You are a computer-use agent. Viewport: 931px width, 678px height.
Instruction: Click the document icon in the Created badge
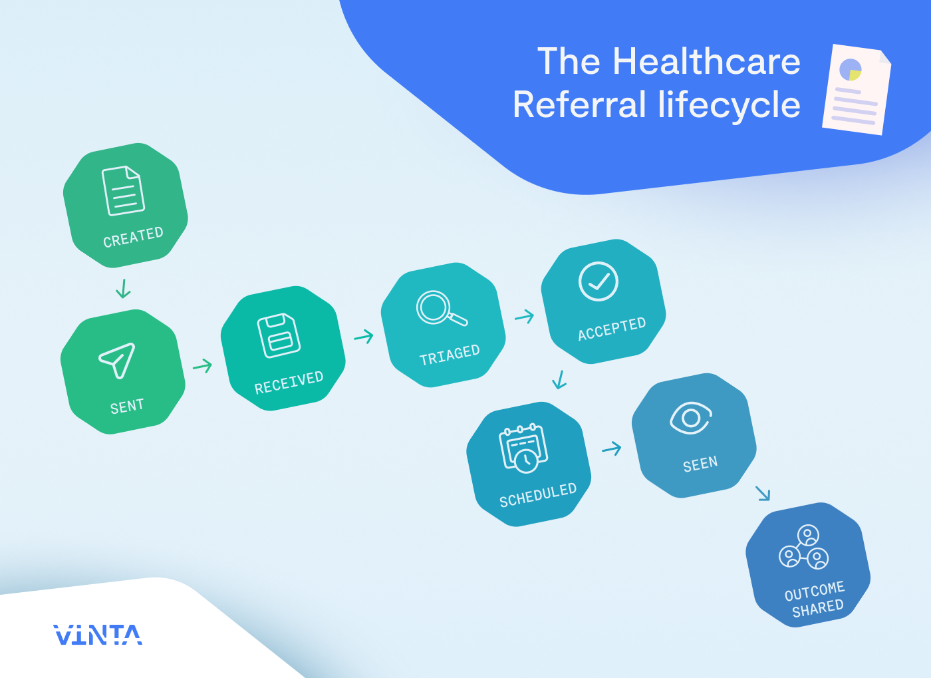pos(123,191)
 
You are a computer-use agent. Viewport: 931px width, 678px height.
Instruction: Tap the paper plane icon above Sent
pos(118,360)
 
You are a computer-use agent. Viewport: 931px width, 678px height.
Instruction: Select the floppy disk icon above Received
pos(279,335)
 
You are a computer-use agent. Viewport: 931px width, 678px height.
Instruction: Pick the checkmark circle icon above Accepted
pos(598,281)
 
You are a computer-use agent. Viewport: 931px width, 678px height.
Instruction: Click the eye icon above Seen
pos(691,418)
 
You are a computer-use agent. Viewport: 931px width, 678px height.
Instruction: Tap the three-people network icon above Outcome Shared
pos(804,547)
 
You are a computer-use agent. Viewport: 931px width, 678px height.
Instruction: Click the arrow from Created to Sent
pos(123,289)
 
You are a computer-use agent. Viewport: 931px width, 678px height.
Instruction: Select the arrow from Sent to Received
pos(203,366)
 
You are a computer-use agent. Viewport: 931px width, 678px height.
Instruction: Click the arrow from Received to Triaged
pos(364,337)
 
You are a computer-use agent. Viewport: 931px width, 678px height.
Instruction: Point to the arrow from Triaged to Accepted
pos(525,316)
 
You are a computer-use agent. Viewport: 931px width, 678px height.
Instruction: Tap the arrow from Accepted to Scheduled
pos(559,380)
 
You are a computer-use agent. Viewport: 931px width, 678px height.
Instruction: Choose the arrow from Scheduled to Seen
pos(612,448)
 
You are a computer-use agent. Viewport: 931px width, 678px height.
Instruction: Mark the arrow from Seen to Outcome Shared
pos(763,493)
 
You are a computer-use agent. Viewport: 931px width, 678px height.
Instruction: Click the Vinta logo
pos(98,635)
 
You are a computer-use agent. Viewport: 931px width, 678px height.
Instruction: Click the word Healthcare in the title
pos(706,62)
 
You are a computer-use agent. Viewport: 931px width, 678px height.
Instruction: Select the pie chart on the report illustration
pos(851,69)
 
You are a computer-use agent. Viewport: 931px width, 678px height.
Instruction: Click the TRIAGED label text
pos(450,355)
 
